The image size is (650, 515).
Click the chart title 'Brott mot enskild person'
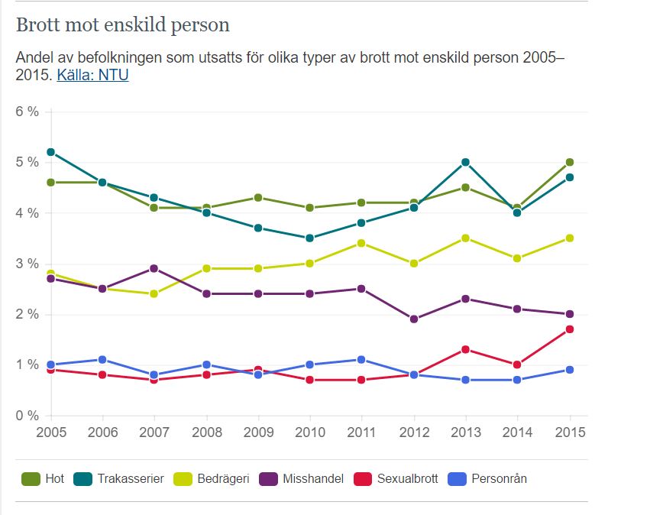pos(123,25)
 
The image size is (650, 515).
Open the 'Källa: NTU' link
pos(92,76)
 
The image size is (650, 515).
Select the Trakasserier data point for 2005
pos(50,152)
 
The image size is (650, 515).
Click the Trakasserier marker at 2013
pos(465,162)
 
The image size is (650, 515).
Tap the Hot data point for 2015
pos(569,162)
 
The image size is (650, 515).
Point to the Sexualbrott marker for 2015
pos(569,329)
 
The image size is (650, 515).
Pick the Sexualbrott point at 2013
pos(465,350)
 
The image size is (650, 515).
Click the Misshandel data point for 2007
pos(154,268)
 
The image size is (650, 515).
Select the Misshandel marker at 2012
pos(414,319)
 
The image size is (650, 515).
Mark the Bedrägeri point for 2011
pos(362,243)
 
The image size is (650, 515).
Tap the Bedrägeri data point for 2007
pos(154,293)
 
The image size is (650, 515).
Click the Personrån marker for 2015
pos(569,370)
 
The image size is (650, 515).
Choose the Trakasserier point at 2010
pos(310,238)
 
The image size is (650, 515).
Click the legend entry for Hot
pos(44,479)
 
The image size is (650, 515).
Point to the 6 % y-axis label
pos(27,112)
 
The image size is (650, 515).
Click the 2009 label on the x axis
pos(258,432)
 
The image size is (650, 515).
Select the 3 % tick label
pos(27,264)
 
